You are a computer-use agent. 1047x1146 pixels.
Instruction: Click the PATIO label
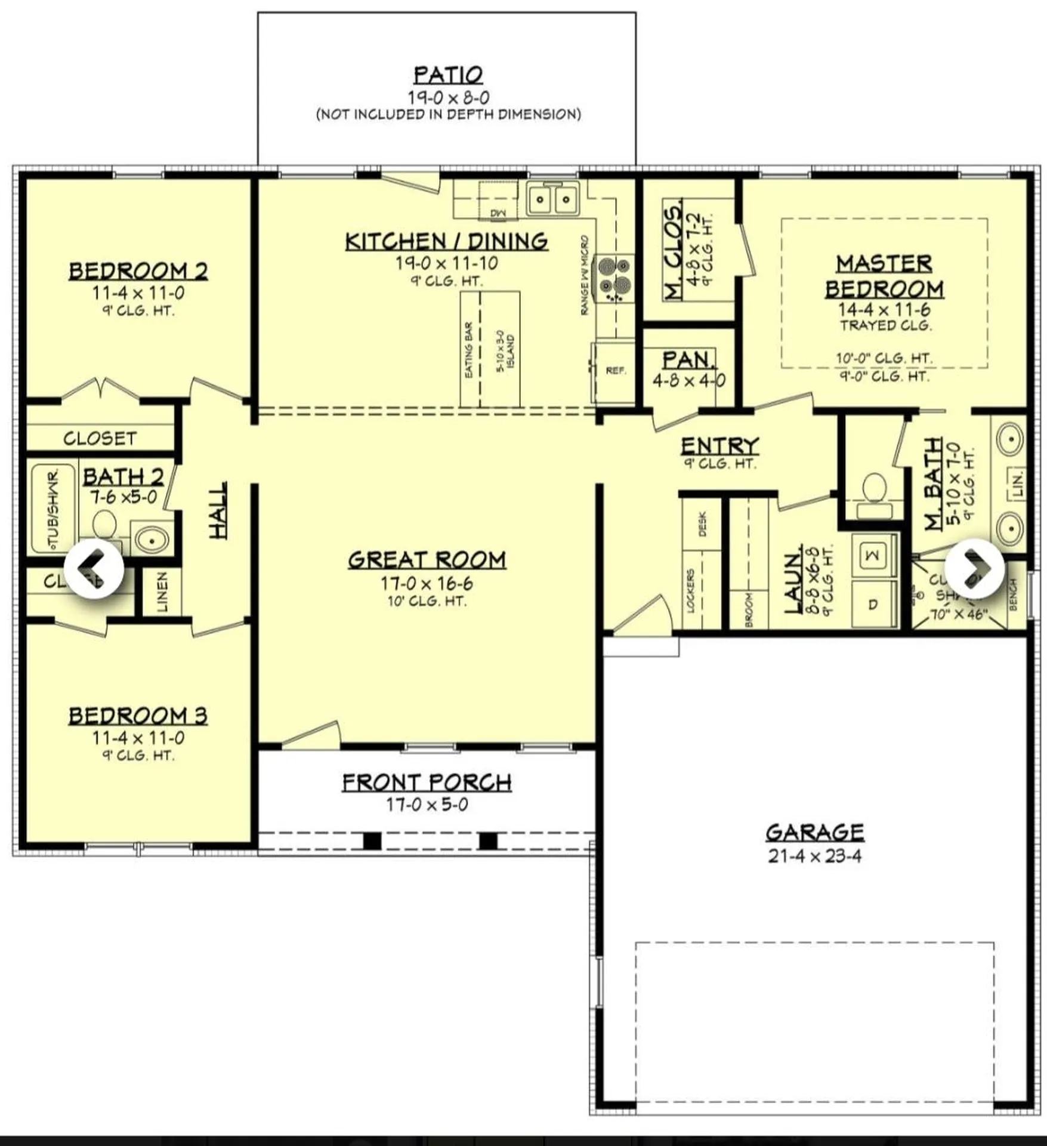[448, 76]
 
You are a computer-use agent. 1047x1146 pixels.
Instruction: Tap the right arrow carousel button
[974, 568]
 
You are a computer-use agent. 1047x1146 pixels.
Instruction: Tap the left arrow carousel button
[94, 568]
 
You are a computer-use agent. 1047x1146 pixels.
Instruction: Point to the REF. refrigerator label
[616, 371]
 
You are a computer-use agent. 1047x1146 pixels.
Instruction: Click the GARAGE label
[814, 832]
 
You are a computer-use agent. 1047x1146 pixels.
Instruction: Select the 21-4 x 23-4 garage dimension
[814, 857]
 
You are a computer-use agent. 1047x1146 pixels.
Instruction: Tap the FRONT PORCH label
[427, 782]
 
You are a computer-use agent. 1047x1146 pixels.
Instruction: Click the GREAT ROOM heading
[427, 560]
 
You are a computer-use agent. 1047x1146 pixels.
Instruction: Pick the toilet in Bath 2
[105, 524]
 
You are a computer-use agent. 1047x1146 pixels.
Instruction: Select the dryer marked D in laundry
[873, 605]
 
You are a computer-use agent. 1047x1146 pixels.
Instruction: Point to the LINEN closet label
[162, 592]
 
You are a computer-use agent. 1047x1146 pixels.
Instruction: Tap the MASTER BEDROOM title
[884, 276]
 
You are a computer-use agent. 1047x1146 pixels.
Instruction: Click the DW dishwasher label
[498, 213]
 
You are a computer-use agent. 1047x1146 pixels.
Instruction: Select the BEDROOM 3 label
[138, 715]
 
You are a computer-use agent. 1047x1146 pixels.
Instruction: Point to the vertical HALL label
[219, 510]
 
